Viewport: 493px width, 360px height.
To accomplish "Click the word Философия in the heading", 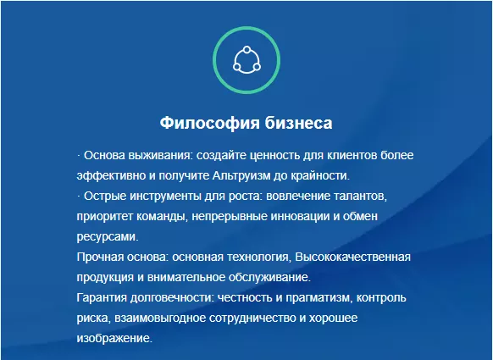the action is [x=210, y=123].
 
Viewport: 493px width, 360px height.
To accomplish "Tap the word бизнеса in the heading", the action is [x=298, y=123].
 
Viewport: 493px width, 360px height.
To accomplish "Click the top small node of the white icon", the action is [x=246, y=50].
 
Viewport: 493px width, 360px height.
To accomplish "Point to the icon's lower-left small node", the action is [x=236, y=67].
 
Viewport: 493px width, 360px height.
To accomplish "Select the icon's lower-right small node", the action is [x=257, y=67].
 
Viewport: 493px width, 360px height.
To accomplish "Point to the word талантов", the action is [x=360, y=197].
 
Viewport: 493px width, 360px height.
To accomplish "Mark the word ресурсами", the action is [x=108, y=236].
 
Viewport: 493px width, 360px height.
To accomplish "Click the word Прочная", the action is [x=100, y=258].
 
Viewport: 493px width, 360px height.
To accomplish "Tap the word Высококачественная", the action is [x=352, y=258].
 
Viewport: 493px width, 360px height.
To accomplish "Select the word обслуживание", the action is [x=269, y=277].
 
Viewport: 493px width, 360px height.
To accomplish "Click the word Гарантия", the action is [x=102, y=298].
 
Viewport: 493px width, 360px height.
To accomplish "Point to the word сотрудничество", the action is [x=252, y=318].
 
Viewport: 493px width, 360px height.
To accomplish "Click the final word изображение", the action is [x=114, y=339].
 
